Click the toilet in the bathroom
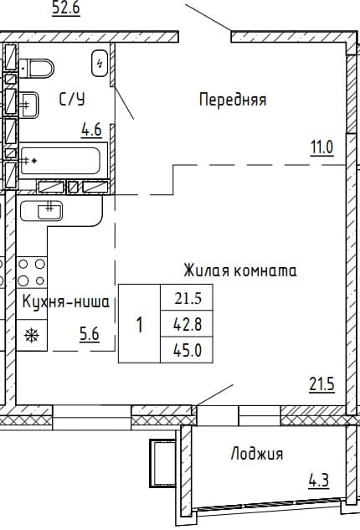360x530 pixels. coord(36,69)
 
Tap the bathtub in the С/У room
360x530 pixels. coord(60,161)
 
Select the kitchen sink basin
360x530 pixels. coord(50,210)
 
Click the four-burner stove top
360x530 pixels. coord(32,272)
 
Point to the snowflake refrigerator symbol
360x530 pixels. coord(32,335)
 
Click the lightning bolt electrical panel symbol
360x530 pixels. coord(100,63)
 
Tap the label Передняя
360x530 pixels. coord(233,100)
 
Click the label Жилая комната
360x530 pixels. coord(240,270)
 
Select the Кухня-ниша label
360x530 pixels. coord(66,301)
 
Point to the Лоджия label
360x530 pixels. coord(257,454)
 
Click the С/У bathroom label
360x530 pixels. coord(72,100)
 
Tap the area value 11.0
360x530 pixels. coord(322,147)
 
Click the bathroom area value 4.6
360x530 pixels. coord(91,130)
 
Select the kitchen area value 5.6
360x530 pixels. coord(90,334)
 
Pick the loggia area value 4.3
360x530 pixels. coord(319,481)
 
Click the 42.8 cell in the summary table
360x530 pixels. coord(187,324)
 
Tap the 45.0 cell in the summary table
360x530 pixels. coord(187,350)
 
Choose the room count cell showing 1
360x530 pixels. coord(139,323)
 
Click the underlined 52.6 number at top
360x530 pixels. coord(66,8)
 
